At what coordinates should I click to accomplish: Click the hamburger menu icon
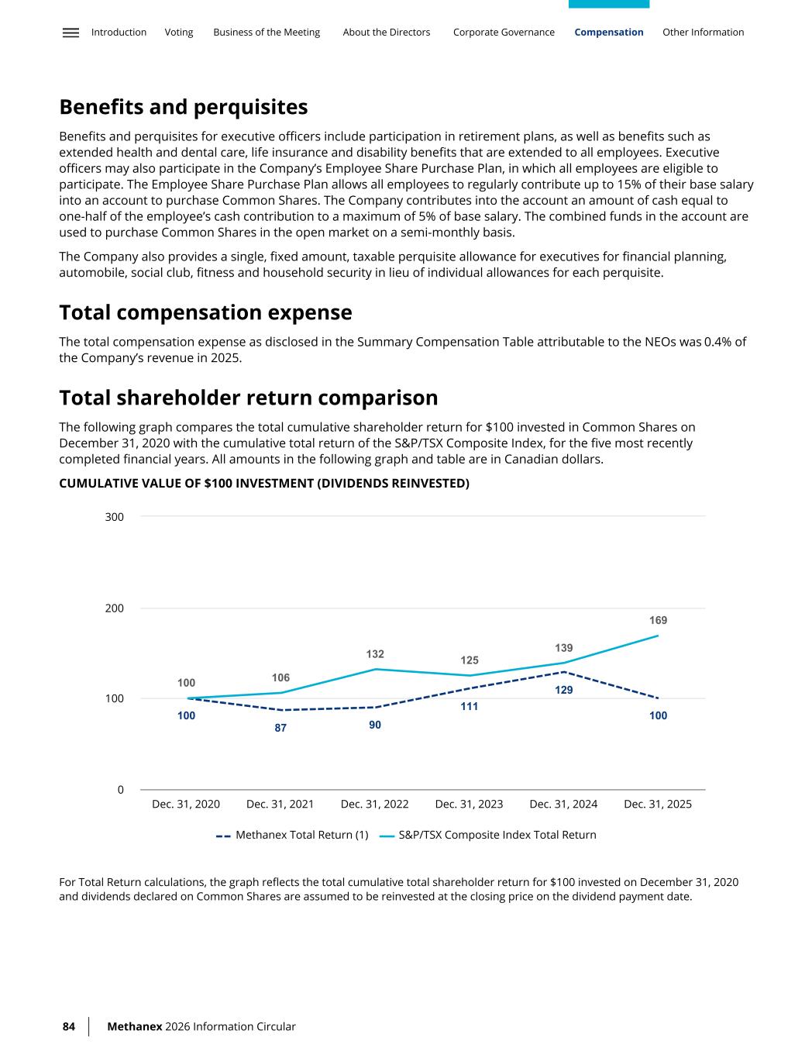pos(71,33)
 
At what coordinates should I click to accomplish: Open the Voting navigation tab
pos(179,33)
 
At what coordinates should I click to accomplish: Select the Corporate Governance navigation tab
pos(504,33)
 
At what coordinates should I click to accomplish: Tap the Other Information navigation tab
pos(703,33)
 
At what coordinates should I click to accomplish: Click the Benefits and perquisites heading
pos(184,107)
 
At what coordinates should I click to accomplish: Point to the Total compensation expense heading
pos(205,312)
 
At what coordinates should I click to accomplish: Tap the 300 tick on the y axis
pos(115,517)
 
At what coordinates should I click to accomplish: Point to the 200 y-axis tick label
pos(115,608)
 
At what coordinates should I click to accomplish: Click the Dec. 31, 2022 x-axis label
pos(374,805)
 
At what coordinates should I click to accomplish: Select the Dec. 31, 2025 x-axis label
pos(658,805)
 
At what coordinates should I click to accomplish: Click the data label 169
pos(658,620)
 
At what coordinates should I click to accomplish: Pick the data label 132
pos(375,654)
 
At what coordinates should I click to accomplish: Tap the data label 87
pos(280,728)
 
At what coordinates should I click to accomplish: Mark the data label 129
pos(564,690)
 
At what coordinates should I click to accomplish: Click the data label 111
pos(470,707)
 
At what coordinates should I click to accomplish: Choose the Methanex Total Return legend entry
pos(293,836)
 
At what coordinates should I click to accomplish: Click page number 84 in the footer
pos(69,1027)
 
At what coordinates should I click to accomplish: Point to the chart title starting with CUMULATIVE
pos(264,484)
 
